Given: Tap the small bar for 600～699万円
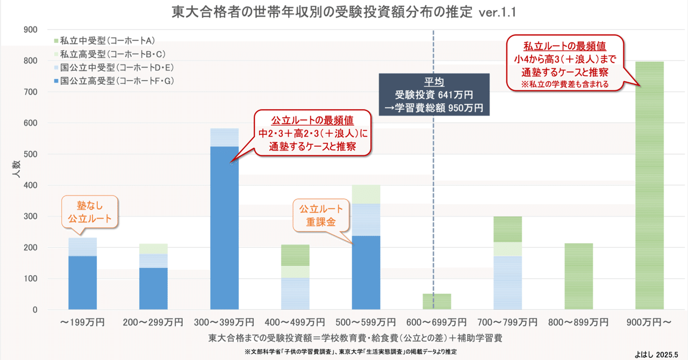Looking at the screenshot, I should point(436,301).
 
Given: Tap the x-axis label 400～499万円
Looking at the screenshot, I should point(295,322).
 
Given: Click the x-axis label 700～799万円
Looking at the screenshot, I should point(507,322).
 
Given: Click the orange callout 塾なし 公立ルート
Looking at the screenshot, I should point(90,211).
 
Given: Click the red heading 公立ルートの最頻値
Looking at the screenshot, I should point(312,119).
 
